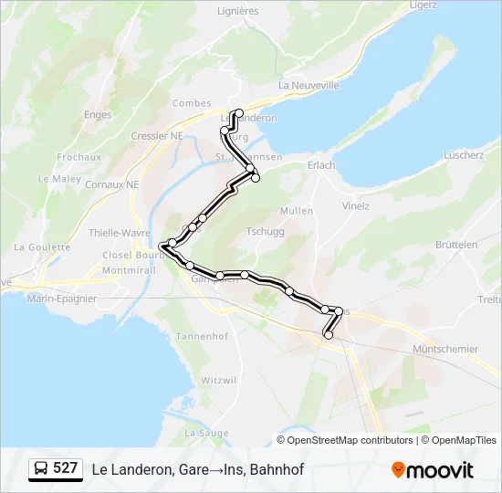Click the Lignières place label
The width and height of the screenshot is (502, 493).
click(x=238, y=11)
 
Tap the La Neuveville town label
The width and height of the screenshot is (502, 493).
click(x=309, y=85)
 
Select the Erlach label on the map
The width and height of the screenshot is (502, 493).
click(x=321, y=165)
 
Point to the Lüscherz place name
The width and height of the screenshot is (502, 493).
click(x=464, y=155)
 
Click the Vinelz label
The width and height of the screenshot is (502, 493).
click(x=355, y=205)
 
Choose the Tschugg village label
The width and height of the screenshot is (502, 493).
click(x=266, y=232)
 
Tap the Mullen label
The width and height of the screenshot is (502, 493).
click(x=297, y=211)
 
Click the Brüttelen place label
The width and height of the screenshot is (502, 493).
click(x=456, y=245)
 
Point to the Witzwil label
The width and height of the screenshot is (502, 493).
click(x=218, y=379)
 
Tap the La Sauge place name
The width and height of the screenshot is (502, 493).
click(x=205, y=432)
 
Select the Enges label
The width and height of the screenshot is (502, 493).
click(x=97, y=115)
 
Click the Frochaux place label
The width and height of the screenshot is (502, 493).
click(x=78, y=157)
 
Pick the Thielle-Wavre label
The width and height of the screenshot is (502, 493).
click(x=120, y=233)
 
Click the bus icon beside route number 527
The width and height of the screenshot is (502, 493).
click(x=41, y=469)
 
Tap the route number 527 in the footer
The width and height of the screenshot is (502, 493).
click(x=66, y=468)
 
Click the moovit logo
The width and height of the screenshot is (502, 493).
click(x=433, y=470)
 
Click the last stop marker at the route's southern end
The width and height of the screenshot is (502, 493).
click(x=329, y=335)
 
